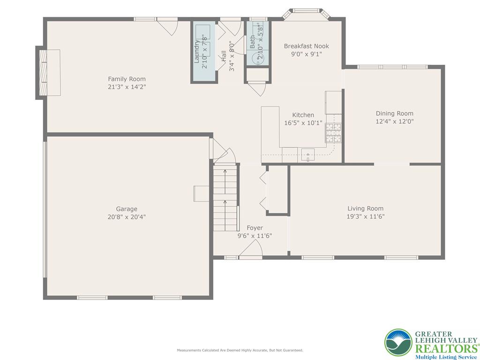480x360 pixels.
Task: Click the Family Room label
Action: pos(127,79)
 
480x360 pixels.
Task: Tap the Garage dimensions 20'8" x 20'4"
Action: pos(127,217)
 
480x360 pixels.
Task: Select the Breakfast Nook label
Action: pos(306,46)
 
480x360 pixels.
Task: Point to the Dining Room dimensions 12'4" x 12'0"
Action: pos(395,121)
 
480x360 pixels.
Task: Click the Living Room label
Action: pos(365,209)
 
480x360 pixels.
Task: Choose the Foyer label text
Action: pos(255,228)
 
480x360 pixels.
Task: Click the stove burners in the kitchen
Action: pos(333,132)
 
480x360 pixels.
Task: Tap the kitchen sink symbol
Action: pos(307,154)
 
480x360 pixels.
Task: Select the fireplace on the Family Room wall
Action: pos(49,73)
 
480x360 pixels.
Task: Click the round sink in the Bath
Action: pos(258,58)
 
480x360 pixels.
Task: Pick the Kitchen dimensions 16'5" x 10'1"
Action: pos(303,123)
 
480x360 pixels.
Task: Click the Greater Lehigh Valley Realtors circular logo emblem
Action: pos(398,342)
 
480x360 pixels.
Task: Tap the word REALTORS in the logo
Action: pos(444,348)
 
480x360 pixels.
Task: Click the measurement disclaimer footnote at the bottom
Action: pos(240,350)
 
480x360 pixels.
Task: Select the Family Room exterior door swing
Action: pos(168,27)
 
